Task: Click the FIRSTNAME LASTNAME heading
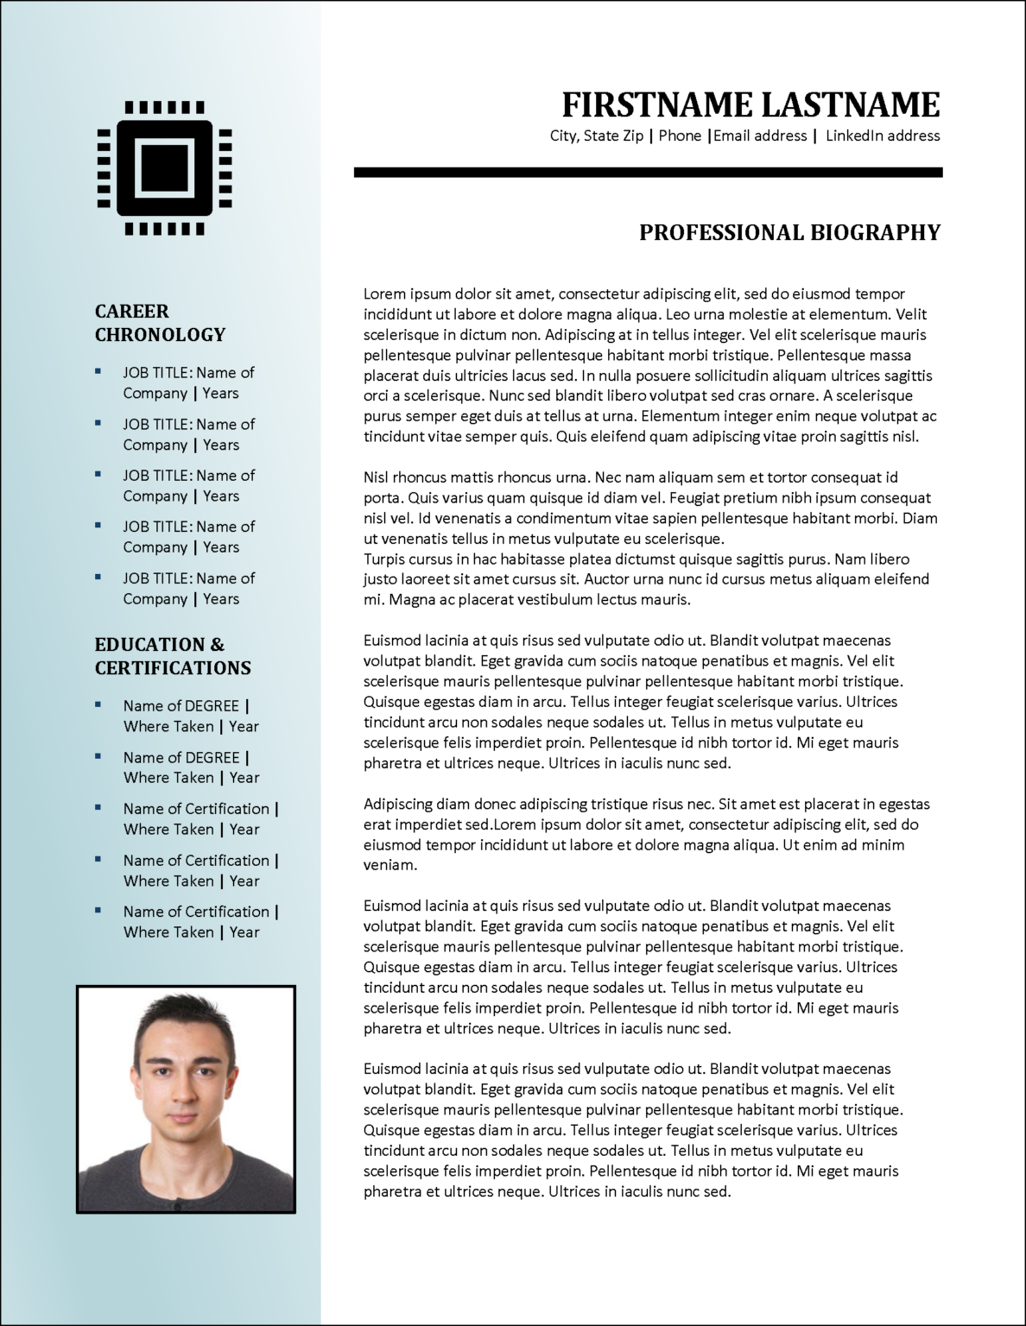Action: pyautogui.click(x=750, y=104)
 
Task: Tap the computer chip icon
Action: pyautogui.click(x=164, y=168)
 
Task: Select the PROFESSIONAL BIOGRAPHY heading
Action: pyautogui.click(x=789, y=232)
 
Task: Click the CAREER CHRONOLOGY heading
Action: pyautogui.click(x=160, y=323)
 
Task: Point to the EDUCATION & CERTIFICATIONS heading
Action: pyautogui.click(x=173, y=656)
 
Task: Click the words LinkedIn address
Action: pyautogui.click(x=883, y=136)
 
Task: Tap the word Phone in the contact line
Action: pyautogui.click(x=680, y=136)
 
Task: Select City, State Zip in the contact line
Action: pyautogui.click(x=597, y=136)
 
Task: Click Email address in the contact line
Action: pyautogui.click(x=760, y=136)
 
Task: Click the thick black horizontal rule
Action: pyautogui.click(x=648, y=173)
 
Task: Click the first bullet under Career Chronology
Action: pyautogui.click(x=98, y=371)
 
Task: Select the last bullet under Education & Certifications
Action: pyautogui.click(x=98, y=910)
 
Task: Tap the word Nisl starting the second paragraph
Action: pyautogui.click(x=377, y=477)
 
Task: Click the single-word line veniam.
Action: pyautogui.click(x=390, y=865)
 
